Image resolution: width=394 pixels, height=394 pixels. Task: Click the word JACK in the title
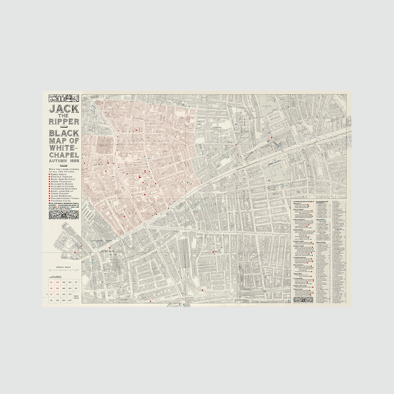tap(63, 109)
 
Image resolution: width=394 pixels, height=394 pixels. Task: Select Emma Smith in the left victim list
tap(59, 175)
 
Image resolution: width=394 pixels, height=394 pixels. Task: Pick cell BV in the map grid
tap(76, 288)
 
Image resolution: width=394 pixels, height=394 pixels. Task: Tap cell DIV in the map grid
tap(70, 300)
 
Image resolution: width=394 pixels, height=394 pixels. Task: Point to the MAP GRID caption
tap(76, 297)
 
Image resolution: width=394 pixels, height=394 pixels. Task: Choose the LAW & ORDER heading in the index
tap(321, 219)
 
